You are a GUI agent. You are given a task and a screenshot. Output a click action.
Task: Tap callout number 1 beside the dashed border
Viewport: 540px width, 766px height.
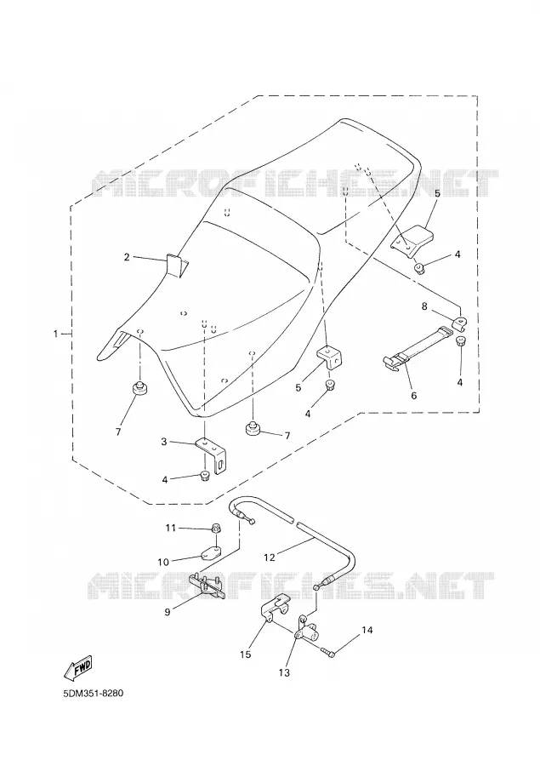pyautogui.click(x=55, y=334)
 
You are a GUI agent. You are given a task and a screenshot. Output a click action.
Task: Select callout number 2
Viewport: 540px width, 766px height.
pyautogui.click(x=127, y=257)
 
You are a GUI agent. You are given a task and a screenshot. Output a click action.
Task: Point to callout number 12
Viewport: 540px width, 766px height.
pyautogui.click(x=270, y=557)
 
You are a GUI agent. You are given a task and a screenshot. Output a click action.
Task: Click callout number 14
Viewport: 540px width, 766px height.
pyautogui.click(x=367, y=630)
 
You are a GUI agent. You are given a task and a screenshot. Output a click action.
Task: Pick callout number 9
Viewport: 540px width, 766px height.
pyautogui.click(x=168, y=612)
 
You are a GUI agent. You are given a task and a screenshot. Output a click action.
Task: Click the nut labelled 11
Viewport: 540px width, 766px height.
pyautogui.click(x=215, y=528)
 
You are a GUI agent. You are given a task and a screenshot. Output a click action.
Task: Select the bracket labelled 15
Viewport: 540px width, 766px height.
pyautogui.click(x=273, y=607)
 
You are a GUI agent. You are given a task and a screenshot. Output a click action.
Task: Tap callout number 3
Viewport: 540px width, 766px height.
pyautogui.click(x=164, y=442)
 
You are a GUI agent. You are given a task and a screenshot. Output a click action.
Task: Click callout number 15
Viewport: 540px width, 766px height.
pyautogui.click(x=246, y=654)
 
